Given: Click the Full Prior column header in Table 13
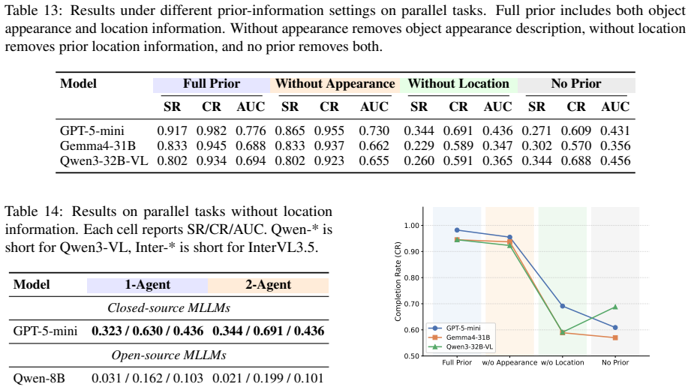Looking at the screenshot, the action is click(212, 84).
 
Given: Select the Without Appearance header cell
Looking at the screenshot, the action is click(335, 84).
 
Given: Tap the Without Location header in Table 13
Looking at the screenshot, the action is click(458, 84).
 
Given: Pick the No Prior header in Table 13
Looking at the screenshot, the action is click(576, 84).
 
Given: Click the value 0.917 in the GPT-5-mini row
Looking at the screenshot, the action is click(172, 131).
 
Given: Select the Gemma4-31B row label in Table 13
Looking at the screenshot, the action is click(98, 146).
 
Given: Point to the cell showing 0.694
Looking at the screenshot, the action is click(251, 161).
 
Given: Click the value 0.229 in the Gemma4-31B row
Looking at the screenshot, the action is click(419, 146).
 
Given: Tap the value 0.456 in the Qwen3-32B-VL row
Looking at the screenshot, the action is click(615, 161).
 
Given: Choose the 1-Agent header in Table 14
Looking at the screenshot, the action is click(147, 285).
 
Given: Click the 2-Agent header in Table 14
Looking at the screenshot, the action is click(268, 285).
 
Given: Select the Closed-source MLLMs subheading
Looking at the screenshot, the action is click(169, 307).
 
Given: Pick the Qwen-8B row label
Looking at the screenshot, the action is click(39, 378).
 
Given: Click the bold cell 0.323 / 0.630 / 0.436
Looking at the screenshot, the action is click(148, 331).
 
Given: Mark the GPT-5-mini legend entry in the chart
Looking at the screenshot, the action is click(461, 328).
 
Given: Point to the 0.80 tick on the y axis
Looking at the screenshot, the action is click(412, 277).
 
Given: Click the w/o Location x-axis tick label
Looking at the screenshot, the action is click(562, 363).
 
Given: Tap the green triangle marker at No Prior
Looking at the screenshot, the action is click(615, 307).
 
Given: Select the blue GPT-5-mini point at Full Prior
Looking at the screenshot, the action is click(457, 230).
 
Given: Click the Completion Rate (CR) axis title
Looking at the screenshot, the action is click(398, 281).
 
